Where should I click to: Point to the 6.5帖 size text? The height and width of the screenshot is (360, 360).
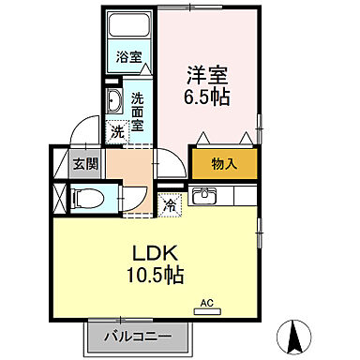207,97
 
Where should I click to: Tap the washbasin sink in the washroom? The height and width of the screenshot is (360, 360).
114,103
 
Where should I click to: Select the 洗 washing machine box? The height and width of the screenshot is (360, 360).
117,132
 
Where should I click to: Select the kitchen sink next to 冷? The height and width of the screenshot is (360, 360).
204,197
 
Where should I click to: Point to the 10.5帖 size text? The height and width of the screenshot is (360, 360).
157,276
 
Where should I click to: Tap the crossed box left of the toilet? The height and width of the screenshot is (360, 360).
61,198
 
